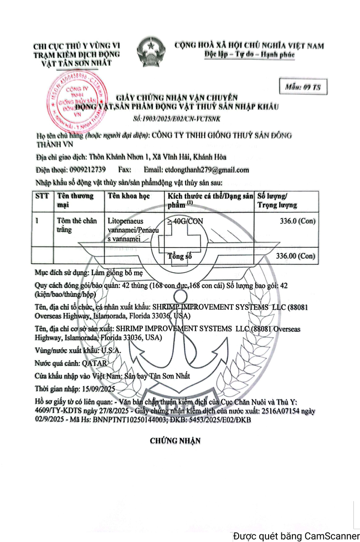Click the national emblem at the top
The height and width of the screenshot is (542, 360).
coord(148,50)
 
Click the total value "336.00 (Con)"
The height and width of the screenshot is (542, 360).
coord(295,256)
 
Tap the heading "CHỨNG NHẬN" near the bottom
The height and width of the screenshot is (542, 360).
coord(175,441)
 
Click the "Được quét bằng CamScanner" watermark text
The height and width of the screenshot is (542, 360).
coord(295,535)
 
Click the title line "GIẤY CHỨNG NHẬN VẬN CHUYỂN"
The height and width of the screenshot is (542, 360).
coord(178,97)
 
